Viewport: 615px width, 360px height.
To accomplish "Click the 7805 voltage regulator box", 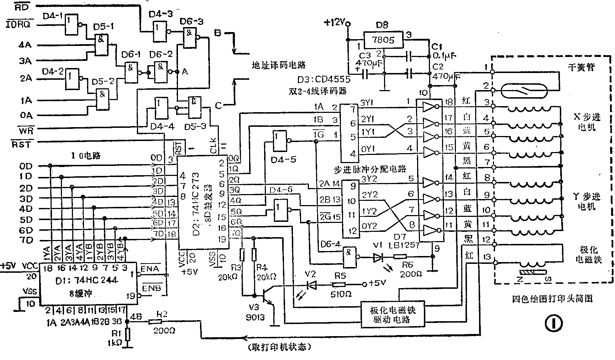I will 383,40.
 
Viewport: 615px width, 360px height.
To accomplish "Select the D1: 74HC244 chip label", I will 86,280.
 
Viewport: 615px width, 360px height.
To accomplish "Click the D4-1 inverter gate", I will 72,25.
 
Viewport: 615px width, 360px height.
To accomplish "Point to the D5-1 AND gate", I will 101,45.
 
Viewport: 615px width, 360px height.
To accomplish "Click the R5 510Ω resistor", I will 338,285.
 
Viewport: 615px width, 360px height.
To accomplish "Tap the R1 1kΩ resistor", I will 128,335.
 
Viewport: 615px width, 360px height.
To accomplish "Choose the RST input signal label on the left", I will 21,144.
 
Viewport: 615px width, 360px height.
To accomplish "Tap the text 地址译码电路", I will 279,66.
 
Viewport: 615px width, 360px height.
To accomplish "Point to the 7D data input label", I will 26,241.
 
